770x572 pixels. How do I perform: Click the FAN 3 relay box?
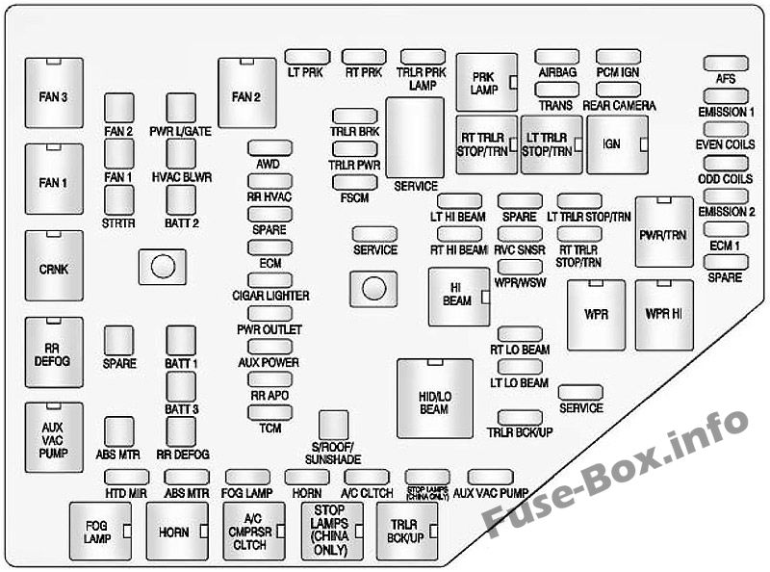(x=54, y=95)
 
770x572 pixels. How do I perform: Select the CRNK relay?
(x=54, y=268)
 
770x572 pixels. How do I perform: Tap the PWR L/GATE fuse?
(x=181, y=108)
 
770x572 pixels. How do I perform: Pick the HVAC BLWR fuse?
(x=181, y=153)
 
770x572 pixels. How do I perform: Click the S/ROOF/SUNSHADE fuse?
(x=333, y=424)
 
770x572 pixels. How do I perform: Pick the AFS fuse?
(x=725, y=64)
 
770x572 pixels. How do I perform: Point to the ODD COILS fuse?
(x=725, y=164)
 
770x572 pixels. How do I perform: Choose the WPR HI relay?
(x=664, y=314)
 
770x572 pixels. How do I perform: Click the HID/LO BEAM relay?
(x=434, y=398)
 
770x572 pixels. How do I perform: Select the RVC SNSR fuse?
(x=520, y=234)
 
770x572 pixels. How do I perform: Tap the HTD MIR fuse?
(x=123, y=477)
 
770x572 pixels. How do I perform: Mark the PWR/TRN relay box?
(x=663, y=232)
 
